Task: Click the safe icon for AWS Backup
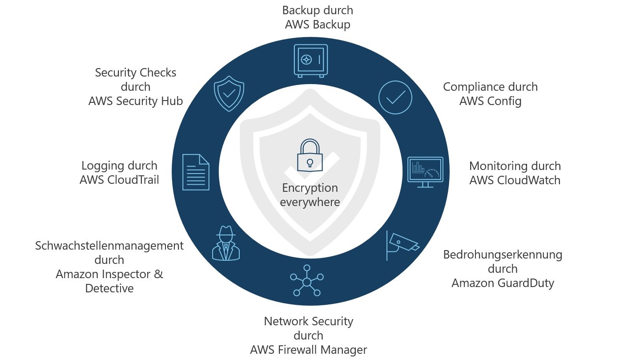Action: click(x=310, y=61)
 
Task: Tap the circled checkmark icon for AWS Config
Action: click(x=395, y=97)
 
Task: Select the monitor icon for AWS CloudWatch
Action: click(x=425, y=172)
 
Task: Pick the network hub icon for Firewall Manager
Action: click(x=306, y=281)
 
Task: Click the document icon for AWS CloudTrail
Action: click(x=196, y=172)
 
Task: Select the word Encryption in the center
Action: click(x=310, y=188)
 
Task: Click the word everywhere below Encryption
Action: click(x=310, y=202)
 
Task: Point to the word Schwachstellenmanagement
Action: click(x=109, y=246)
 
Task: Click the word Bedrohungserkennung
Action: click(x=503, y=255)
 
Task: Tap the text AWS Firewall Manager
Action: click(x=308, y=350)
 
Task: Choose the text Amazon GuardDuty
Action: click(x=503, y=283)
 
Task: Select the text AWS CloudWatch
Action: click(x=515, y=180)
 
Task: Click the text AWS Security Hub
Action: click(x=135, y=101)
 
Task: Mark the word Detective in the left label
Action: click(x=109, y=288)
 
